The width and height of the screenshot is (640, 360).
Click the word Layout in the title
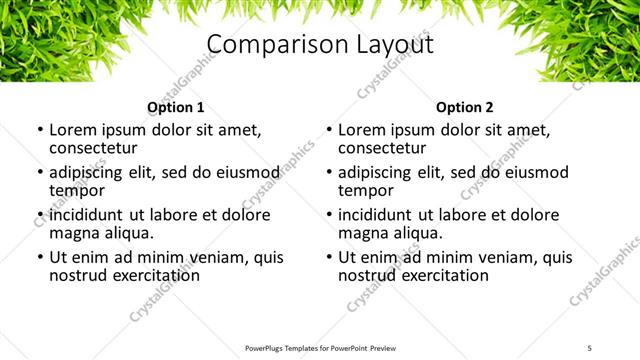(389, 45)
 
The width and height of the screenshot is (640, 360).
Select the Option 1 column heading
(176, 107)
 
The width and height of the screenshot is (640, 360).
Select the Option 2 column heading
(465, 107)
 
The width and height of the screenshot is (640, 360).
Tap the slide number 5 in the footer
(590, 349)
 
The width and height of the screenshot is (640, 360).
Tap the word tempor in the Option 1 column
(75, 190)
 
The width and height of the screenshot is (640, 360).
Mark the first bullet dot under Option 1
(39, 131)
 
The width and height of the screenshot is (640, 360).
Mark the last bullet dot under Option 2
(328, 257)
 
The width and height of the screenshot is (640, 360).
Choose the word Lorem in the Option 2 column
(361, 130)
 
